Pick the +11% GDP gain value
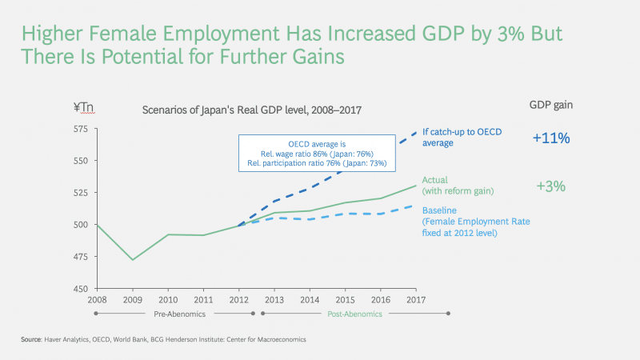click(x=550, y=138)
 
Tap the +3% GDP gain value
click(x=550, y=186)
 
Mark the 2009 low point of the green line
click(x=132, y=259)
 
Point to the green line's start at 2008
click(x=97, y=225)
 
